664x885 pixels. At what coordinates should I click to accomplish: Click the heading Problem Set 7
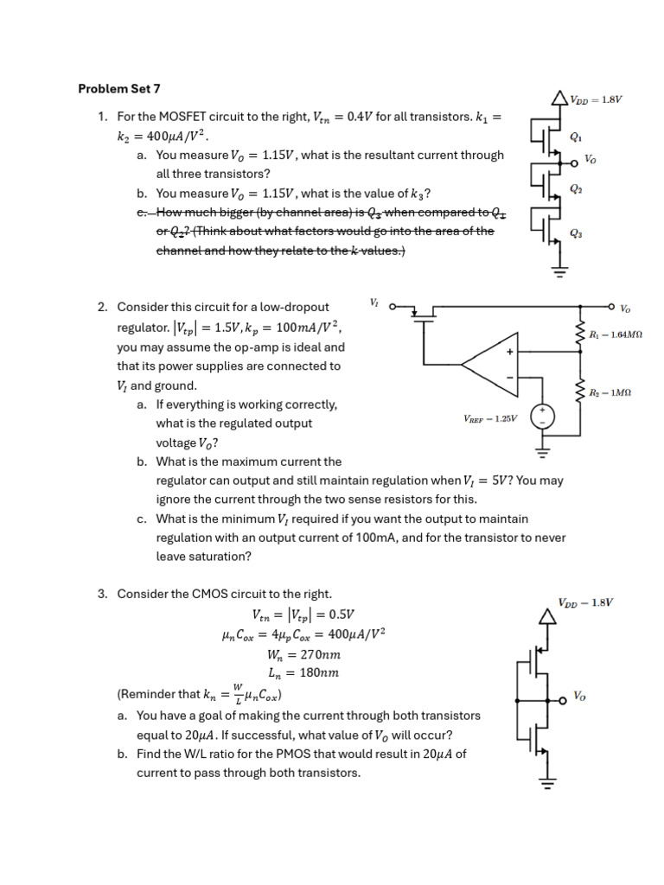[119, 88]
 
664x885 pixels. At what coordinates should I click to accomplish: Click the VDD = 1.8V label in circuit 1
[596, 99]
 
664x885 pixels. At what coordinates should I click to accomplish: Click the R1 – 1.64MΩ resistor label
[616, 334]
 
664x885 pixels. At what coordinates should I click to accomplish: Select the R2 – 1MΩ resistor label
[610, 392]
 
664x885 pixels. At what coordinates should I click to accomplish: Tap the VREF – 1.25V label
[490, 418]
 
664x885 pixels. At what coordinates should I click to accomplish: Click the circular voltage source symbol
[542, 417]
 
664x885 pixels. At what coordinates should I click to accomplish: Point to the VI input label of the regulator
[373, 302]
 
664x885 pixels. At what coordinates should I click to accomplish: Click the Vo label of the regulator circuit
[625, 308]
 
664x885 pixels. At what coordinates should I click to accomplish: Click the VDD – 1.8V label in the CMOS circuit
[585, 602]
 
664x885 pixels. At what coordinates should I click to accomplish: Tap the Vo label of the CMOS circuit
[579, 695]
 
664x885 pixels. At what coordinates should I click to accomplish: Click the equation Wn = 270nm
[303, 654]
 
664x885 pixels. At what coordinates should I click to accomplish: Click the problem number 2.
[101, 308]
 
